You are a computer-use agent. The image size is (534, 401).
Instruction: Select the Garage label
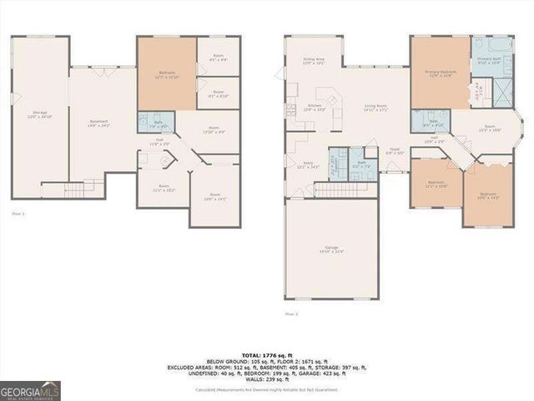332,249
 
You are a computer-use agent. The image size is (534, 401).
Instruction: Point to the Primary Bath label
488,60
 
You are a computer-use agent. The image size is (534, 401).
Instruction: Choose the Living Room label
375,108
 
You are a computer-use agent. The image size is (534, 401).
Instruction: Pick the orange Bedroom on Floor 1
167,75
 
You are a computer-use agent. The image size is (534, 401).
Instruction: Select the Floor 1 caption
18,215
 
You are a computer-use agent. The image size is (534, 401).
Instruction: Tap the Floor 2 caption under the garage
291,314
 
